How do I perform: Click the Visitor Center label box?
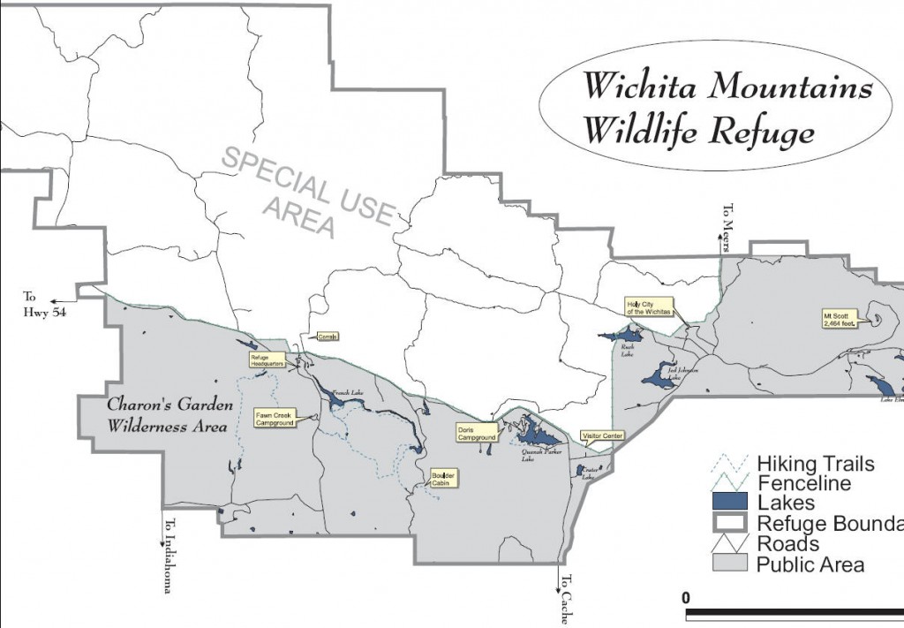pyautogui.click(x=602, y=436)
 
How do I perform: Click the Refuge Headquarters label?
pyautogui.click(x=267, y=360)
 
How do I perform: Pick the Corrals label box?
pyautogui.click(x=328, y=337)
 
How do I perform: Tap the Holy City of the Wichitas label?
pyautogui.click(x=649, y=308)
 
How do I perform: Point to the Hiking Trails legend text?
pyautogui.click(x=816, y=464)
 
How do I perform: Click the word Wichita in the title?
pyautogui.click(x=642, y=87)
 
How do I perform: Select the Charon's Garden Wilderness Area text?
pyautogui.click(x=170, y=415)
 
